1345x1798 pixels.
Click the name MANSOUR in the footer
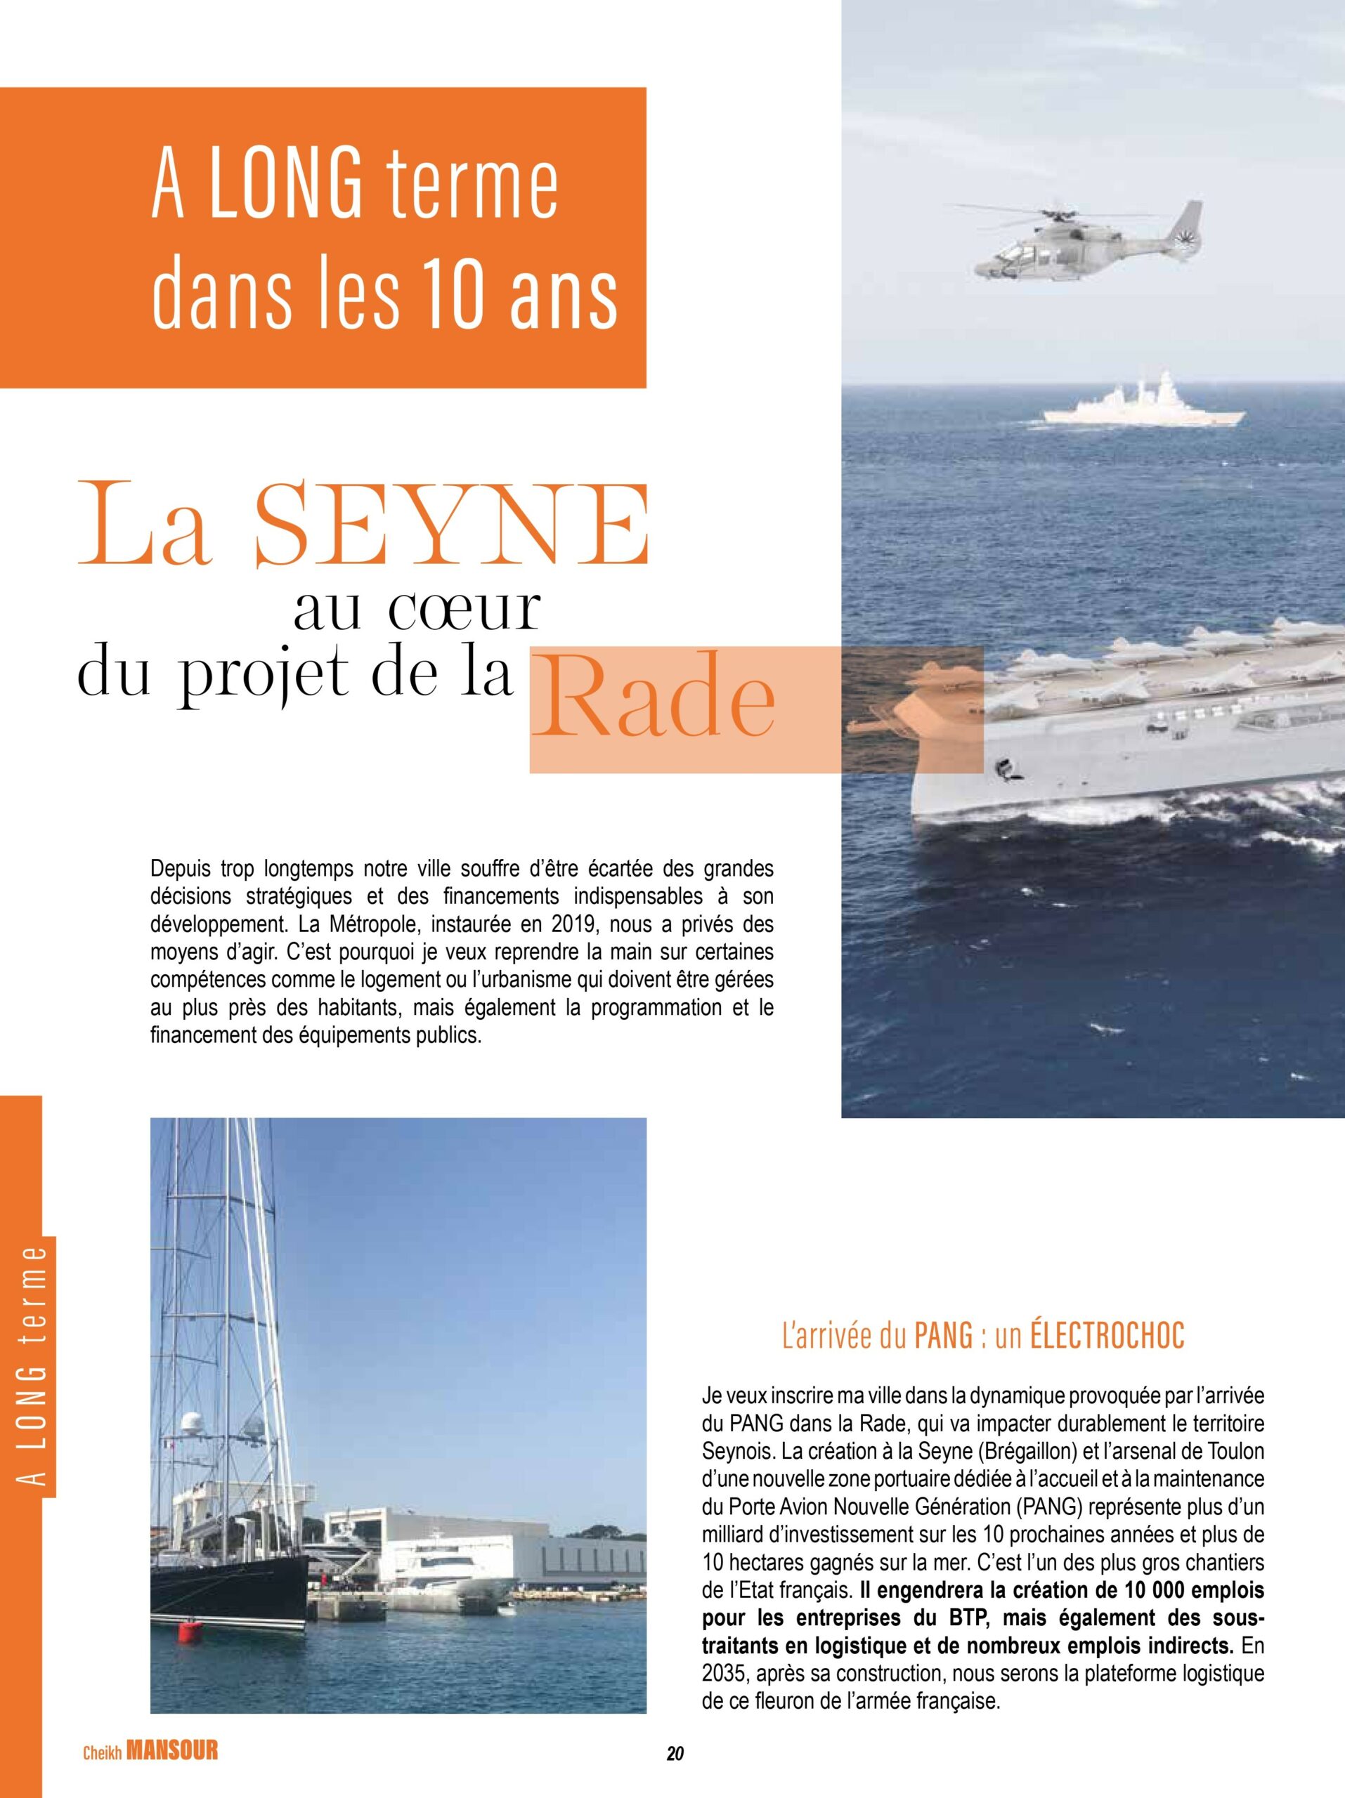(x=172, y=1768)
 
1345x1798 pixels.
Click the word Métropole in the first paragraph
(x=372, y=925)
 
